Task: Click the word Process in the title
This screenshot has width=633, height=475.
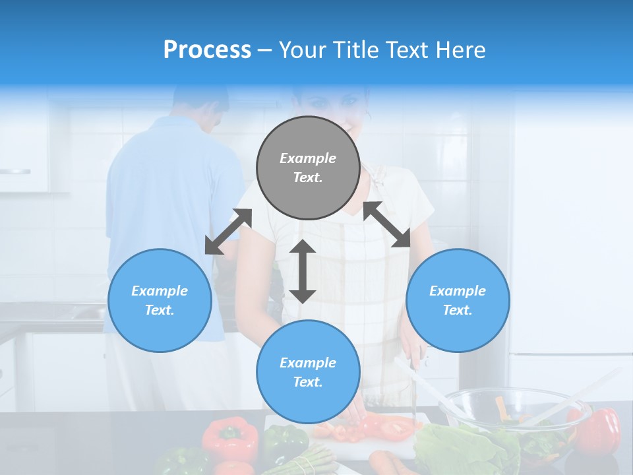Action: tap(207, 50)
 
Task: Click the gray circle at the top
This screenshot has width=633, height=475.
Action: tap(308, 168)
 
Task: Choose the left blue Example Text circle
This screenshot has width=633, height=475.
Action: tap(160, 300)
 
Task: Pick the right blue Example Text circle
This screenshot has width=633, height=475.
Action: tap(458, 300)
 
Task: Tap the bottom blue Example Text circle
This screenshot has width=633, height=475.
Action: tap(308, 371)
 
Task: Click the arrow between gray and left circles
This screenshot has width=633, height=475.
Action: tap(228, 232)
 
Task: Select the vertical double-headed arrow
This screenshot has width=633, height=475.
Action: tap(303, 271)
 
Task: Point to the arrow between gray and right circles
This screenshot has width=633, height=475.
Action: tap(387, 224)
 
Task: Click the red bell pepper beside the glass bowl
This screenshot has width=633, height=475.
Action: tap(599, 429)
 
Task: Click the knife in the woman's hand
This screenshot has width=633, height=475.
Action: tap(413, 383)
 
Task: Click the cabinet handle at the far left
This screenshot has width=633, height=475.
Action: tap(15, 172)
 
